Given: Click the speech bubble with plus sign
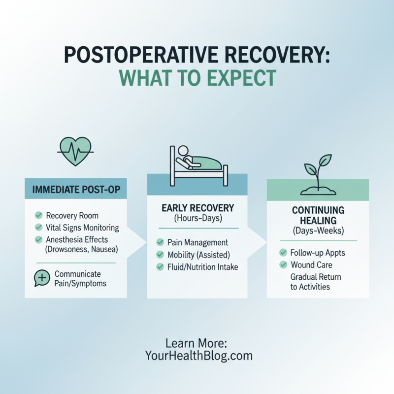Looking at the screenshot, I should (42, 278).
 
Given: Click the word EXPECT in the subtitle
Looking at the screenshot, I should (237, 78).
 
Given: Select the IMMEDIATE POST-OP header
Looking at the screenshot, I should (75, 189).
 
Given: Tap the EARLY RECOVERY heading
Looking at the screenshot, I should (197, 208).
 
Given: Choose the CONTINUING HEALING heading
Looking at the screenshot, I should (317, 215).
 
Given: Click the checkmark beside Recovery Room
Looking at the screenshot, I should (38, 216).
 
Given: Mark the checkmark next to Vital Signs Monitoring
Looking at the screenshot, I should (38, 228).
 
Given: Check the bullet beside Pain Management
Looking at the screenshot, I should (160, 242).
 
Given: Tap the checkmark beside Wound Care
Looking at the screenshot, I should (283, 265).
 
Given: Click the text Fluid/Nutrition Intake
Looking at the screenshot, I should (203, 267).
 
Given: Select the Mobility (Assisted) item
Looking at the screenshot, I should (198, 255).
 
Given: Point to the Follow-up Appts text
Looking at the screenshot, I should (318, 253).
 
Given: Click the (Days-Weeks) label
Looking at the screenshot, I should (317, 230).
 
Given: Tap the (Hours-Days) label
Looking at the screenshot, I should (197, 218).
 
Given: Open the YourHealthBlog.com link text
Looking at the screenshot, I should (198, 355).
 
